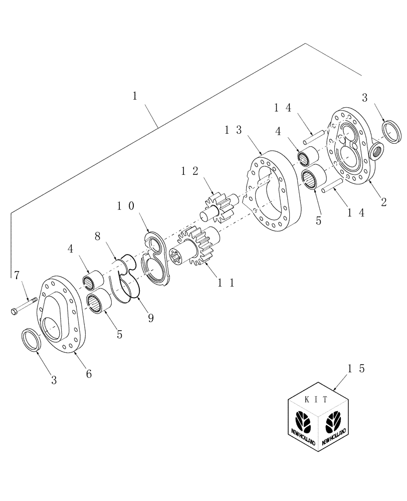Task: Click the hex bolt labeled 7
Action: (25, 305)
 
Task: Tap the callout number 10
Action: (126, 206)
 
